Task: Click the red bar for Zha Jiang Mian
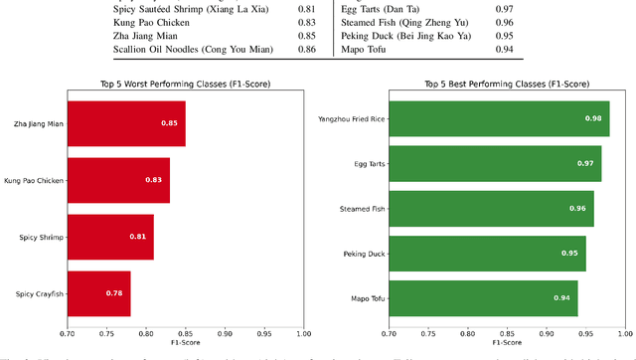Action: click(126, 123)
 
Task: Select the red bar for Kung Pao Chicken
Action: click(118, 180)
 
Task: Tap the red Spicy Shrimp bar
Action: click(110, 237)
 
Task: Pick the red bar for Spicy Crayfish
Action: click(98, 293)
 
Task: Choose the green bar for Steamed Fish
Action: click(491, 208)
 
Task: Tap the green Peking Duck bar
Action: click(487, 253)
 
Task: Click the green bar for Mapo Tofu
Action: click(483, 297)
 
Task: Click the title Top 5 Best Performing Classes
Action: click(506, 84)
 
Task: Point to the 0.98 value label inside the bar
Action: click(593, 118)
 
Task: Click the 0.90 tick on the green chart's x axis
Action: click(547, 333)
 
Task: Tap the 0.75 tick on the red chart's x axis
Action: click(106, 333)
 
